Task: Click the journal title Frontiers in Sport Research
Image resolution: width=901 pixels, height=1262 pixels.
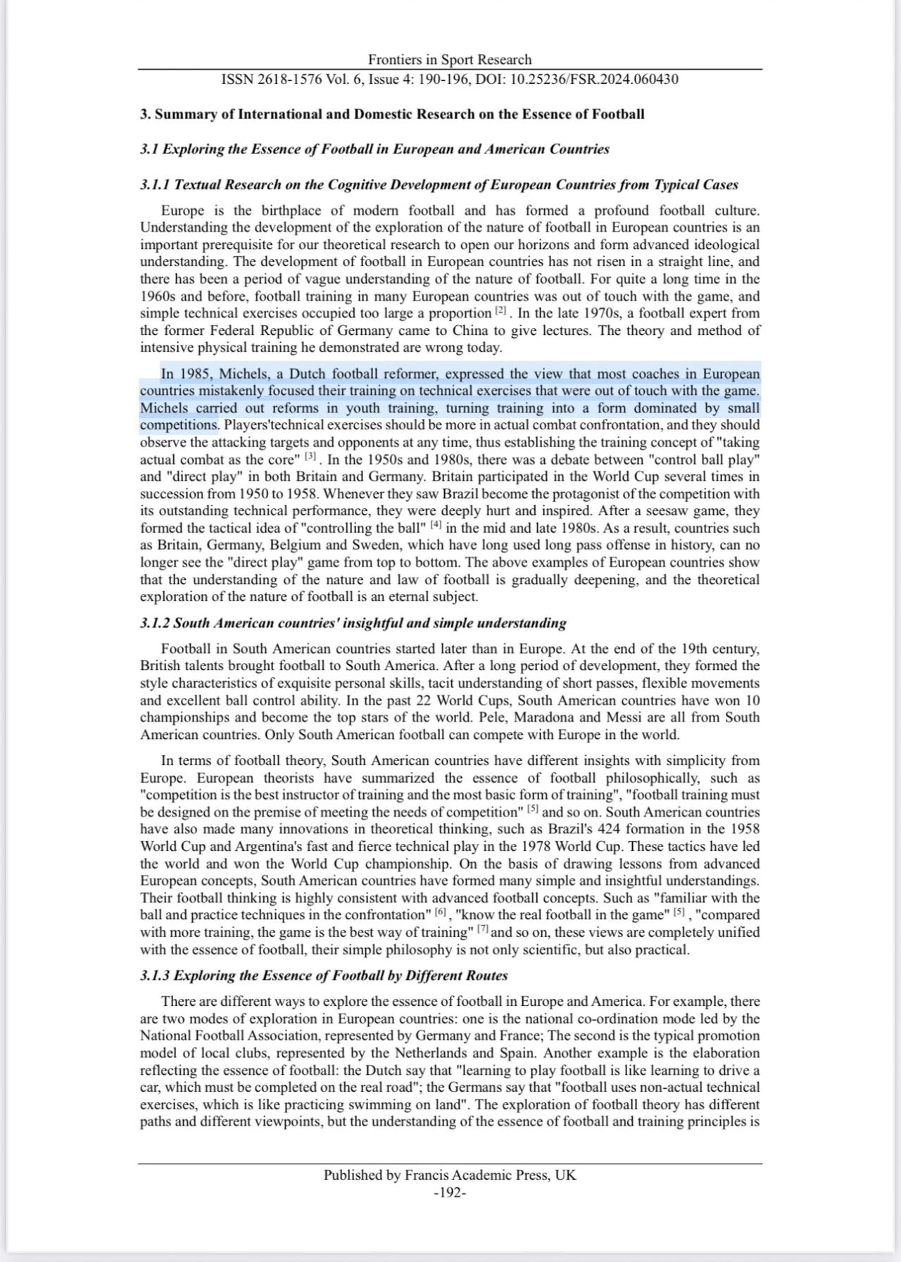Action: coord(450,60)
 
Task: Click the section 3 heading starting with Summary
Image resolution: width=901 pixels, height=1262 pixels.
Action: coord(392,114)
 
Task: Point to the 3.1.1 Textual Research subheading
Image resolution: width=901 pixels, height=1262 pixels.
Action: coord(439,184)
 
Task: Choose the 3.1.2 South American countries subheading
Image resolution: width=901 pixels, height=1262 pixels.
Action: coord(353,623)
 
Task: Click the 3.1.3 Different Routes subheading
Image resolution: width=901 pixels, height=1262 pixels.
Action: coord(323,976)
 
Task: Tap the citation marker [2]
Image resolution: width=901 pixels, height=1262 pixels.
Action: coord(500,310)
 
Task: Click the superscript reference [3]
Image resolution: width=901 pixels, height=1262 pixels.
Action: coord(310,457)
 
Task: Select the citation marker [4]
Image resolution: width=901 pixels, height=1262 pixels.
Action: coord(436,525)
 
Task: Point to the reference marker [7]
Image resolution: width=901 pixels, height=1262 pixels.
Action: coord(483,929)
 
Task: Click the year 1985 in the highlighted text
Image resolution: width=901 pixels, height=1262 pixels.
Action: coord(196,374)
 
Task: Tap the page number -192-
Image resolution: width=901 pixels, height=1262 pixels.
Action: coord(450,1192)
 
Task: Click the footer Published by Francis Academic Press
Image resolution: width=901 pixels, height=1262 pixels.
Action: coord(450,1175)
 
